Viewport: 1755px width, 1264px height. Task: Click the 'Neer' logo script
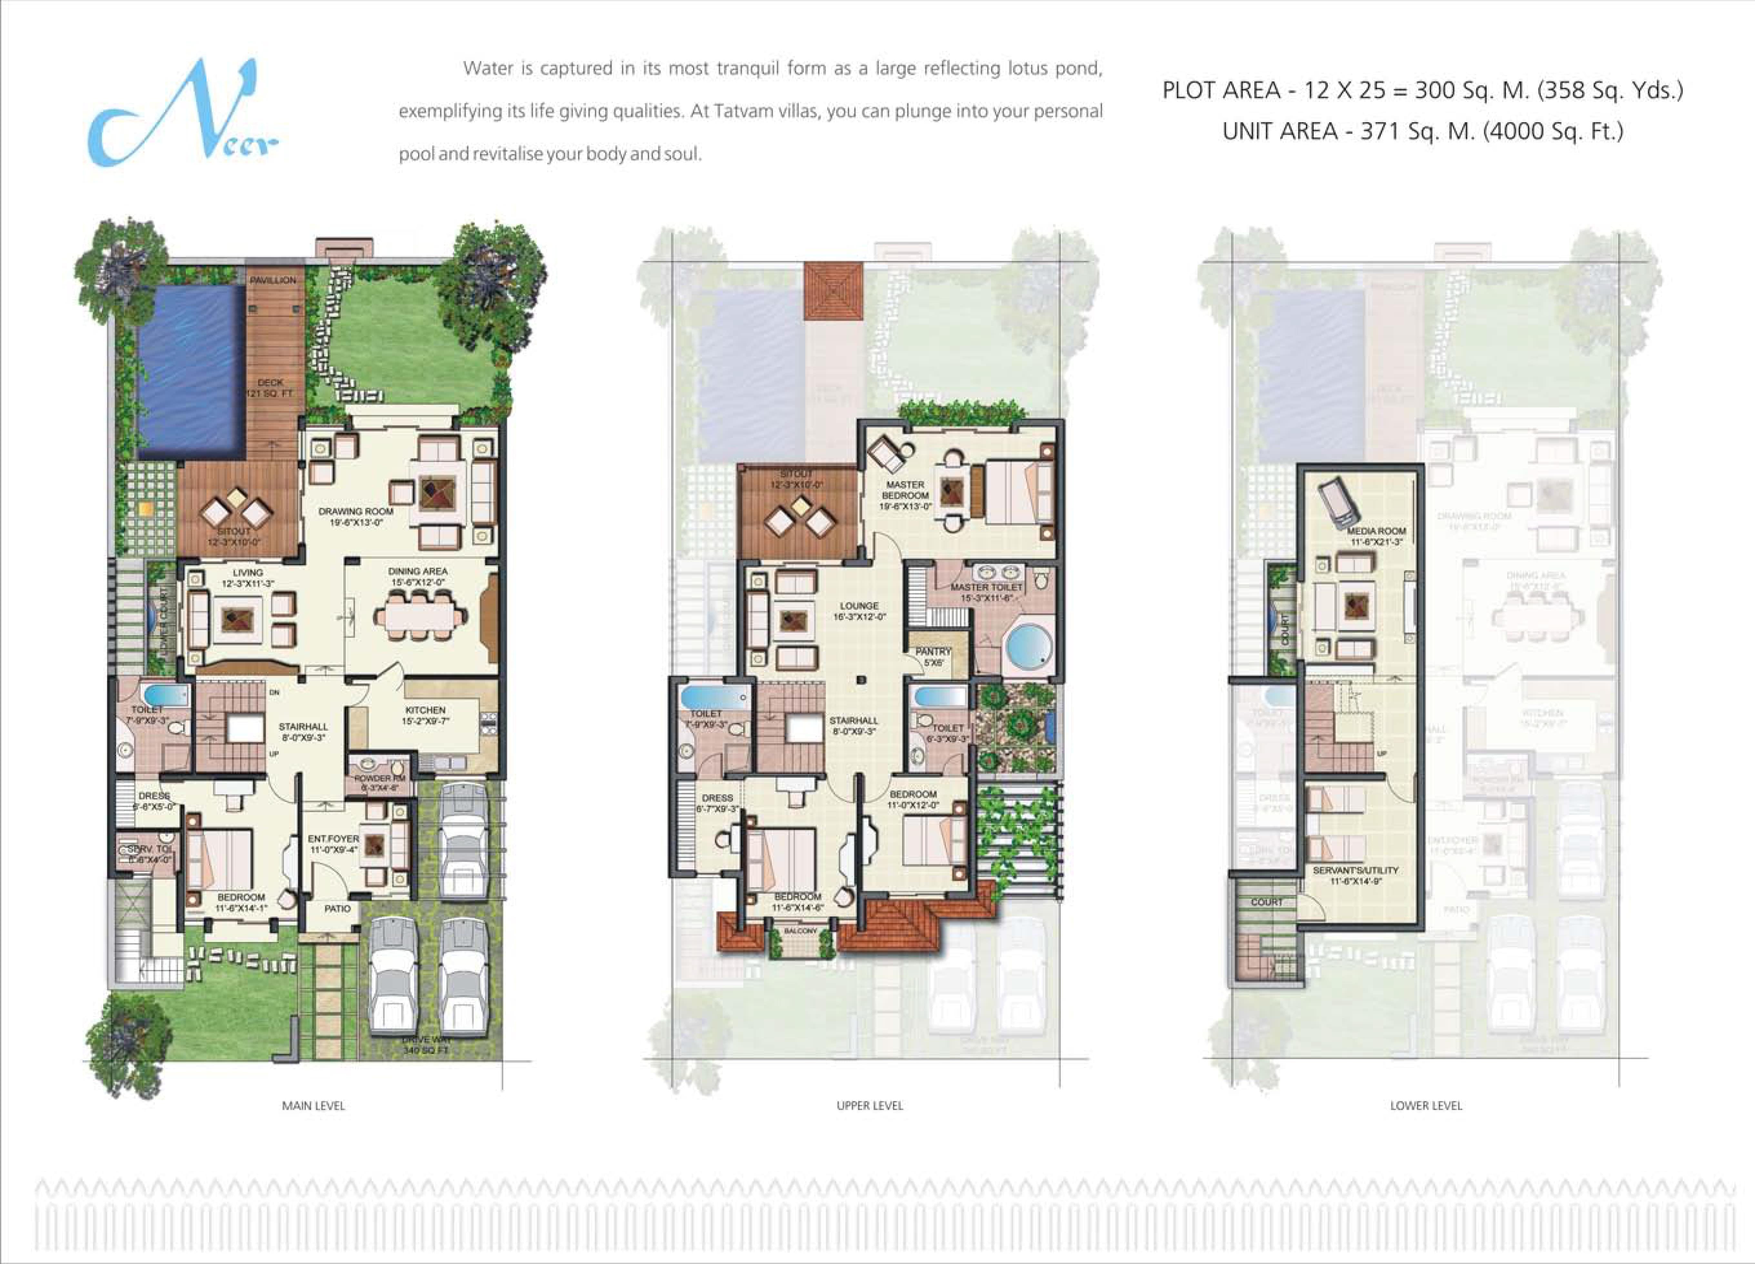tap(182, 114)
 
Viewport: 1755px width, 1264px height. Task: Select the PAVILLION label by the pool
tap(272, 280)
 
